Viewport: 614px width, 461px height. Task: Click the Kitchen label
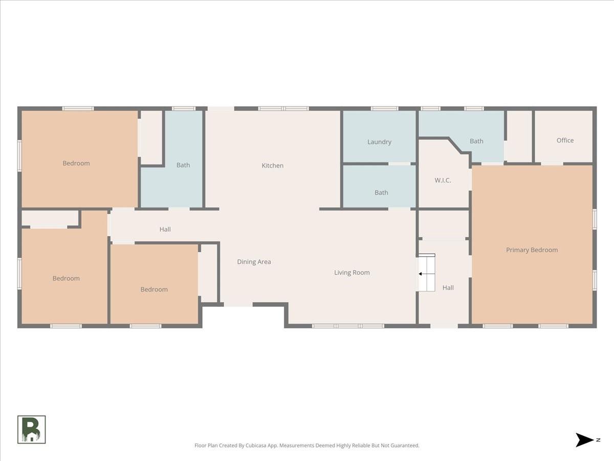pos(272,165)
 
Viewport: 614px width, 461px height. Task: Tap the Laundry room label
pos(379,142)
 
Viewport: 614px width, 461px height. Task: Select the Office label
pos(565,140)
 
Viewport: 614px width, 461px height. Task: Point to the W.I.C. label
pos(443,180)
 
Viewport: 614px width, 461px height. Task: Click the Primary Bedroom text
pos(532,250)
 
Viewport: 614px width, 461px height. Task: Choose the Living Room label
pos(352,273)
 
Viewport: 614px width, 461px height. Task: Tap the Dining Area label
pos(254,262)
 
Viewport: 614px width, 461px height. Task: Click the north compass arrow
pos(584,440)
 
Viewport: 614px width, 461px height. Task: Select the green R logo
pos(32,429)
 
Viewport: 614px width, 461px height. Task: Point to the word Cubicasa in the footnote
pos(256,446)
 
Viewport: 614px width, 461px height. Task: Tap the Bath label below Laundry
pos(381,193)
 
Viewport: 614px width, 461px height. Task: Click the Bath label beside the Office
pos(476,141)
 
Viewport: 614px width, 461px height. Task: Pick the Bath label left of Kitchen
pos(183,165)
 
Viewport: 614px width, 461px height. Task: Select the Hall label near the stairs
pos(448,288)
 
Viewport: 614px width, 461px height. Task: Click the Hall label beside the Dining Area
pos(165,229)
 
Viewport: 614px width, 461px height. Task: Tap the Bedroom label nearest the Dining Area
pos(154,289)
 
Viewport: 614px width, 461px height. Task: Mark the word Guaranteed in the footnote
pos(405,446)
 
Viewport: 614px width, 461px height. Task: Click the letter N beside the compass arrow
pos(598,440)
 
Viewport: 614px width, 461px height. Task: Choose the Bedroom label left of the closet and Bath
pos(76,163)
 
